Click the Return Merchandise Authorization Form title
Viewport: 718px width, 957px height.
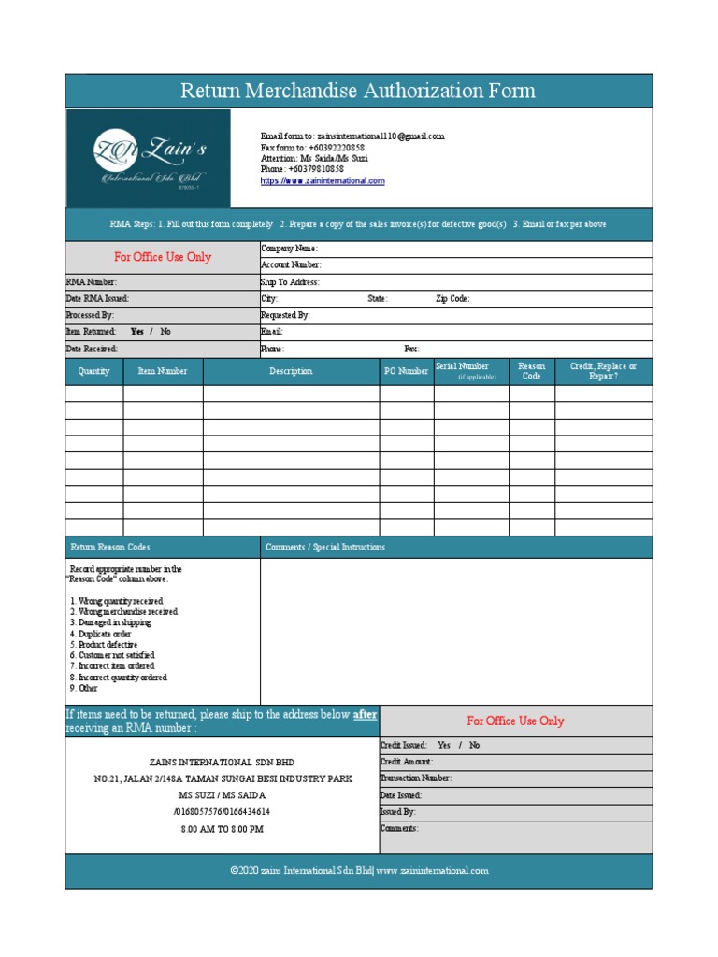(x=358, y=91)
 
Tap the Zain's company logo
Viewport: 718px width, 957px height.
(x=148, y=158)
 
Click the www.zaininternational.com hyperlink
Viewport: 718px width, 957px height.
(x=323, y=181)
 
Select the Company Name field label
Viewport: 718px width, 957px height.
(x=289, y=249)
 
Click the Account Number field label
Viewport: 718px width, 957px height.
(x=291, y=265)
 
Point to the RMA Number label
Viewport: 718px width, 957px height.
(x=92, y=281)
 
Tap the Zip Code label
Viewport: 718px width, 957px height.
(x=452, y=299)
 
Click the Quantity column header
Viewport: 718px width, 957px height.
(x=93, y=371)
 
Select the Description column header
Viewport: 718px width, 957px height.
(x=291, y=371)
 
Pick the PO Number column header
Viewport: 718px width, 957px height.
(x=407, y=371)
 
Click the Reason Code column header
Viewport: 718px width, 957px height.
(x=531, y=371)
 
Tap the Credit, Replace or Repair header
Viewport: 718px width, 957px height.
(x=603, y=371)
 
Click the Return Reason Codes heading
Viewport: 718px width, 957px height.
(x=110, y=547)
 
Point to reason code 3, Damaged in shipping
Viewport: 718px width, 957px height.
(x=110, y=622)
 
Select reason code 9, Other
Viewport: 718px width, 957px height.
(x=83, y=688)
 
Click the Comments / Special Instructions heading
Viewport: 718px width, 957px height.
(x=325, y=547)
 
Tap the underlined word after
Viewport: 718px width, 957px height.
(x=365, y=715)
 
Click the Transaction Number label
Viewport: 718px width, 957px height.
(x=415, y=778)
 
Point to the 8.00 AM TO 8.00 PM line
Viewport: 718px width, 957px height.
(x=222, y=829)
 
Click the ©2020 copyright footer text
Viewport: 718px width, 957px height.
(x=359, y=870)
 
